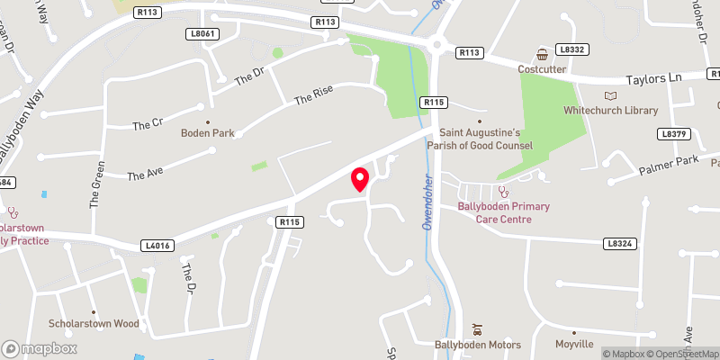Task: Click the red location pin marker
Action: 360,178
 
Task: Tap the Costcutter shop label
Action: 542,69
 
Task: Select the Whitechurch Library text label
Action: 611,111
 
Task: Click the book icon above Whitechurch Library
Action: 611,95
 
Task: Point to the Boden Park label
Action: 208,133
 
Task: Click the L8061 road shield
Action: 205,33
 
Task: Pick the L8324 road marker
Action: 619,243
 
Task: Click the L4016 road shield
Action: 157,245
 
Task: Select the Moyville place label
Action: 575,345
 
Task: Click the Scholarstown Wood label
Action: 94,323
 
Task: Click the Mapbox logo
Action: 40,348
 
